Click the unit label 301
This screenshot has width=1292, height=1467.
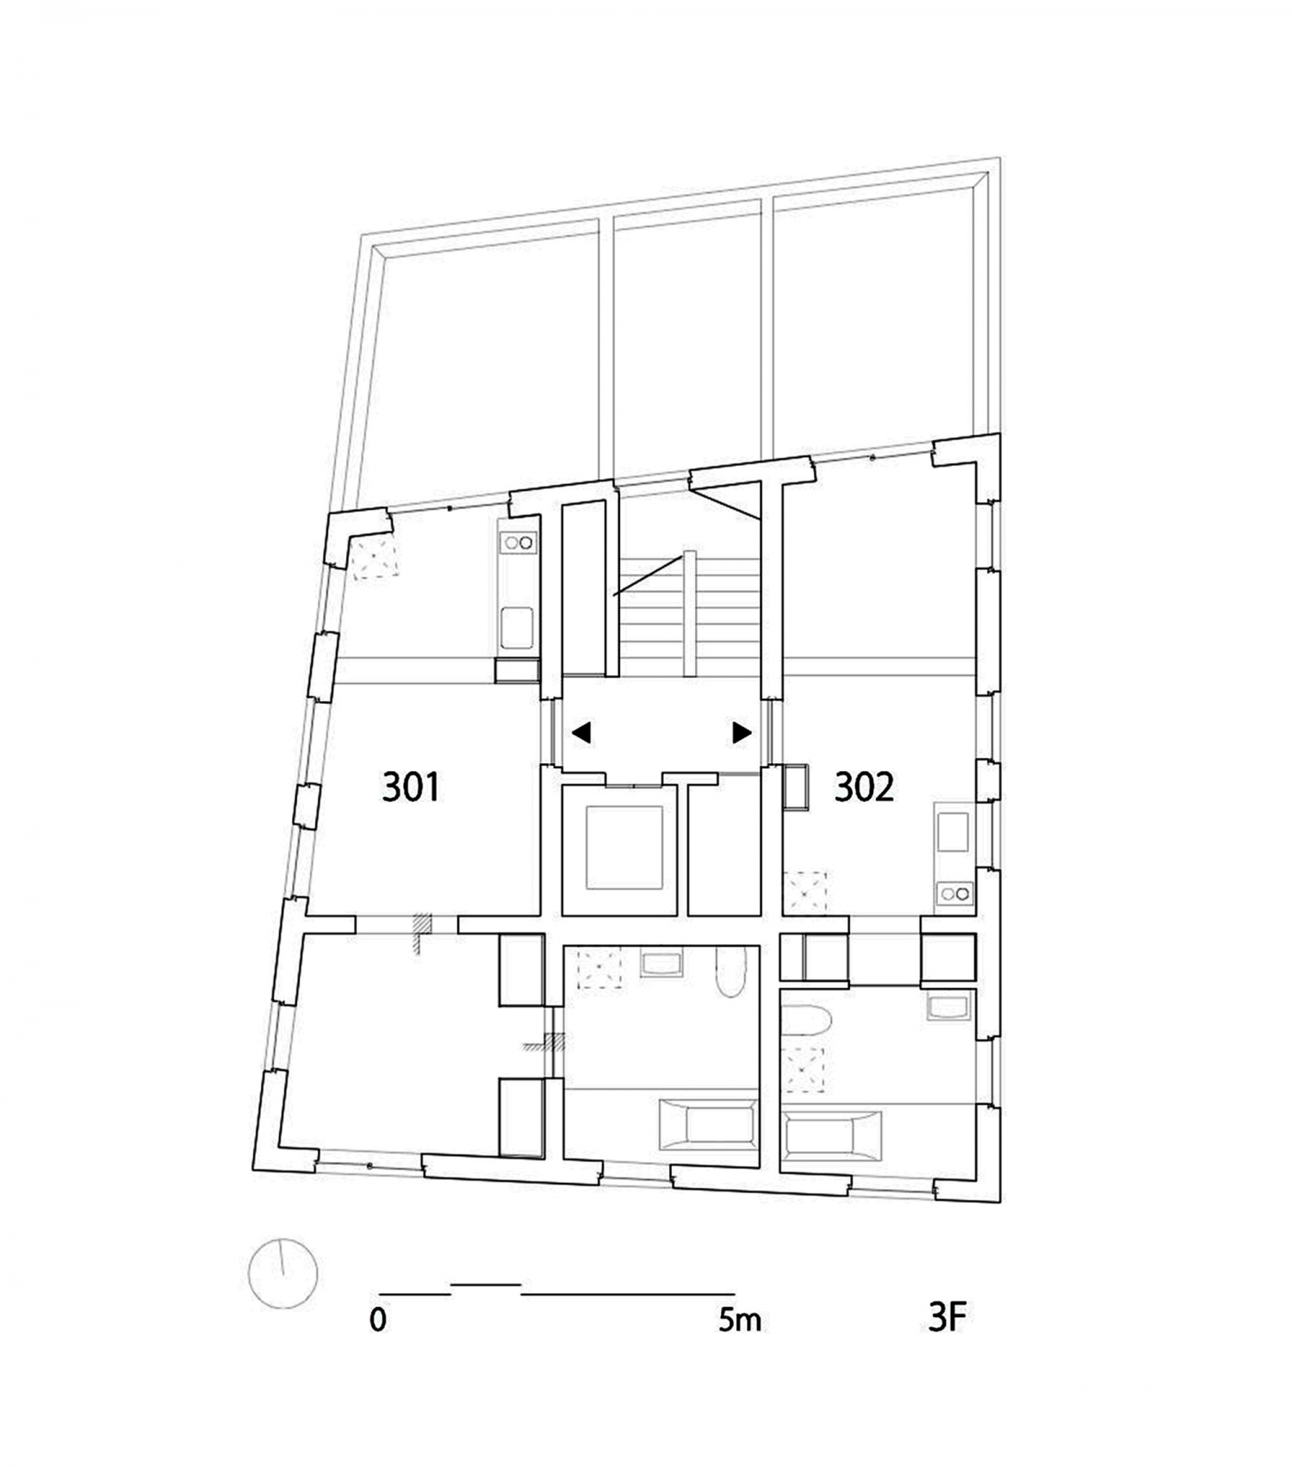tap(411, 786)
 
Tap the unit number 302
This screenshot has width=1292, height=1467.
tap(864, 786)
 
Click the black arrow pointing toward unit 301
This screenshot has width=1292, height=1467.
tap(581, 733)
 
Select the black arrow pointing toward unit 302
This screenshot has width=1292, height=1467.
tap(742, 733)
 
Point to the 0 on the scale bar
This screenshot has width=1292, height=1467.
tap(378, 1320)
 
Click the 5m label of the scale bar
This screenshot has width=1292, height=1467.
tap(740, 1320)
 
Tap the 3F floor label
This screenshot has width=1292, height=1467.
tap(947, 1317)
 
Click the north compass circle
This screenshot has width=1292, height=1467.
tap(283, 1273)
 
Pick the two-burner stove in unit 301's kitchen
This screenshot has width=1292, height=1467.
tap(519, 543)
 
